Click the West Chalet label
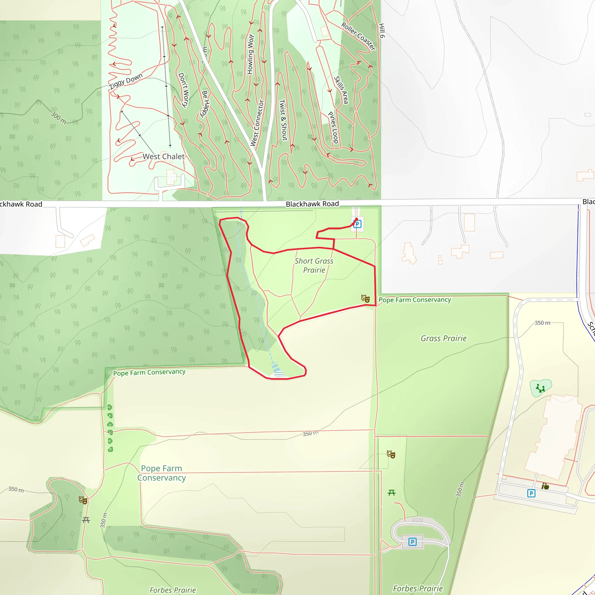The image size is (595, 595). [164, 157]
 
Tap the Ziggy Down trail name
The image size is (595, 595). [126, 81]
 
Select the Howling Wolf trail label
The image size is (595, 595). [250, 54]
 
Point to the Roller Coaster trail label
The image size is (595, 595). [359, 36]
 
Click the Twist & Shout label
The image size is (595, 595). [283, 120]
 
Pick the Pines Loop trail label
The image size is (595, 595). [333, 128]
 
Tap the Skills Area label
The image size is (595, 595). [341, 90]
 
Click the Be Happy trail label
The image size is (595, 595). [205, 104]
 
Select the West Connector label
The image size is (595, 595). [257, 123]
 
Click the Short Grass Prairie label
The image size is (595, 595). [314, 266]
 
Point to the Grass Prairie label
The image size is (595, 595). [443, 338]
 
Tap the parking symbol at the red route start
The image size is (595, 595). [357, 224]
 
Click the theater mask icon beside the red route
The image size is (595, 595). [365, 298]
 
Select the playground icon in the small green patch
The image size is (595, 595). [540, 388]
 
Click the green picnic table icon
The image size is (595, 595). [391, 493]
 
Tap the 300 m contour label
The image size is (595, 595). [58, 118]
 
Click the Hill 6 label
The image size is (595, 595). [382, 31]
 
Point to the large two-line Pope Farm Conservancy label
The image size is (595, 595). [161, 473]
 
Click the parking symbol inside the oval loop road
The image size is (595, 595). [412, 542]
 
